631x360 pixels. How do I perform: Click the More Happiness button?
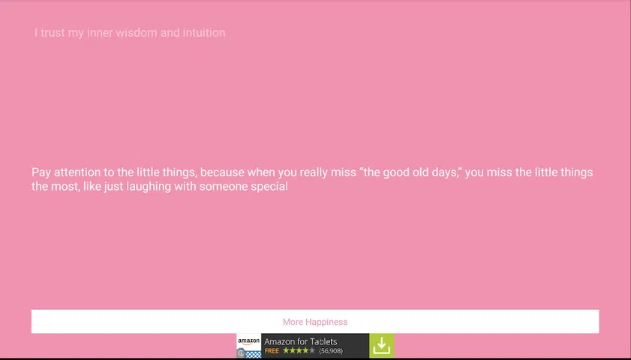point(315,322)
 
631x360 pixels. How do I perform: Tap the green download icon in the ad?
point(381,346)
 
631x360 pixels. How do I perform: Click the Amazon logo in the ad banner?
point(248,342)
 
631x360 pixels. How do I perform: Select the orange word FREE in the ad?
point(272,351)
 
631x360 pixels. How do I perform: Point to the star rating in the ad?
point(299,351)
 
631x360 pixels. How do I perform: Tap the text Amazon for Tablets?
point(301,341)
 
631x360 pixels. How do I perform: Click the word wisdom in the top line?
point(137,32)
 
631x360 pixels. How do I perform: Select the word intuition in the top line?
point(204,32)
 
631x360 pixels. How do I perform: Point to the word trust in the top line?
point(53,32)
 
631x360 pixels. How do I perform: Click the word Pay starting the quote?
point(41,172)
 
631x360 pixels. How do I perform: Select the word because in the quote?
point(222,172)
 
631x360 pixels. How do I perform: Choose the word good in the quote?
point(395,172)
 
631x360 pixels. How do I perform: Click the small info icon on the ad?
point(241,353)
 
